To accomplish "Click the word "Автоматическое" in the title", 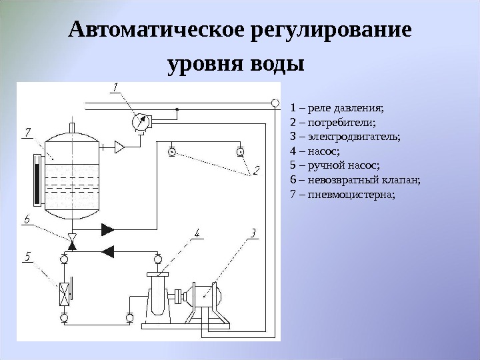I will [159, 31].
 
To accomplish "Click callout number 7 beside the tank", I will [28, 133].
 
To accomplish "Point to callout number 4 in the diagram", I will [197, 233].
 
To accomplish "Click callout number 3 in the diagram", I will [253, 233].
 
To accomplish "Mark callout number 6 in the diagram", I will [27, 219].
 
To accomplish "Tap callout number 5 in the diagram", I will [27, 255].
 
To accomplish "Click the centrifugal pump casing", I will [158, 297].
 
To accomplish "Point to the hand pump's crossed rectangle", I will [64, 292].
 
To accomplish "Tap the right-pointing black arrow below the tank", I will [107, 230].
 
